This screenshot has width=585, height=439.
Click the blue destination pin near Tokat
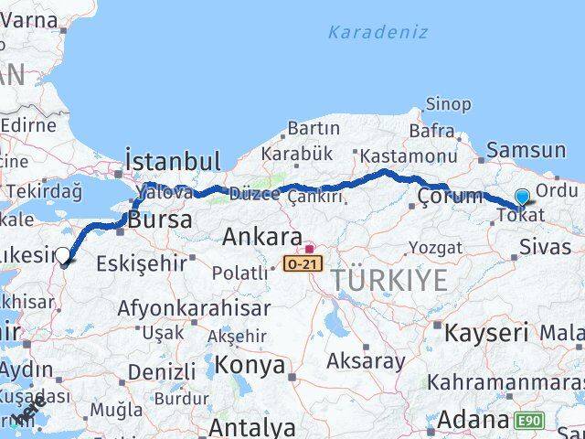(x=522, y=197)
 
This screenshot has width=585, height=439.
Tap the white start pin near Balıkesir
(x=63, y=256)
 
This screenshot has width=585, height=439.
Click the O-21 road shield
(x=303, y=262)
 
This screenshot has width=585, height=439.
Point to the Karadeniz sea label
(x=378, y=33)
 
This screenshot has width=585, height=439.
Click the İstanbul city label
(x=174, y=162)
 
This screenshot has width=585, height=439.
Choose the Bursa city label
(x=160, y=219)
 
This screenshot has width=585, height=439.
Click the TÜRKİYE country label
(x=389, y=280)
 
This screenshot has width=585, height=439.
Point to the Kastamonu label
(x=409, y=156)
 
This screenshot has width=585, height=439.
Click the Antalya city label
(x=251, y=427)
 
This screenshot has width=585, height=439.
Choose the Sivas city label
(x=545, y=246)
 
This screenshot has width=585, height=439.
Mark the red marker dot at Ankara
(x=309, y=247)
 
